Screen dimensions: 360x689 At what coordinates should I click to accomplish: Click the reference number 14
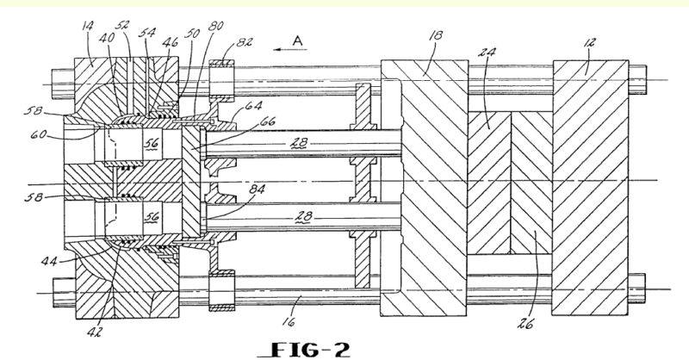tap(88, 38)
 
